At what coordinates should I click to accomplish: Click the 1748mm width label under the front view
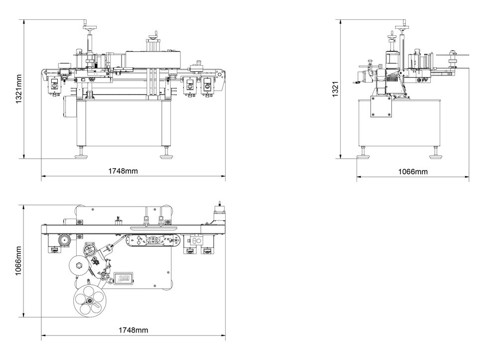(123, 171)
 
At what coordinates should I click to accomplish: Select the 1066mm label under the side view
(413, 172)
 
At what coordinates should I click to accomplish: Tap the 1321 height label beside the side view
(335, 90)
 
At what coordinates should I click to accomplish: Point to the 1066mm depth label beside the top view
(18, 261)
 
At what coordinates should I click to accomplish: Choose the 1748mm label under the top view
(133, 330)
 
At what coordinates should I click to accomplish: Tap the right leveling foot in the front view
(166, 155)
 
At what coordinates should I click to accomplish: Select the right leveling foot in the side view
(436, 155)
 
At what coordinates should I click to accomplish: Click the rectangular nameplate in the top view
(124, 277)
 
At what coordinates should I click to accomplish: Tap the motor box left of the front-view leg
(68, 108)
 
